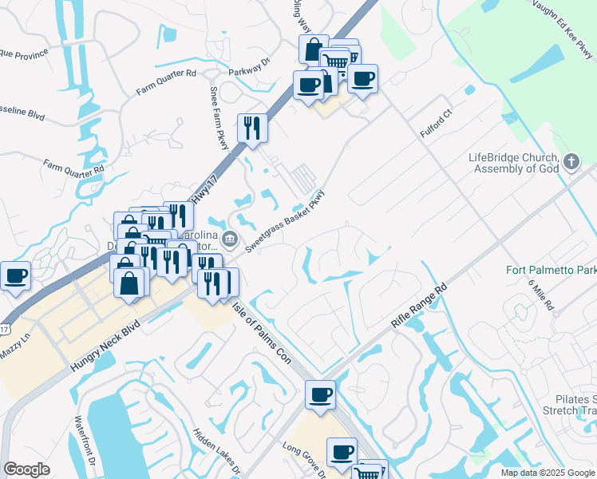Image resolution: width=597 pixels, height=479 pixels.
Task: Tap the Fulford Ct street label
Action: [x=437, y=124]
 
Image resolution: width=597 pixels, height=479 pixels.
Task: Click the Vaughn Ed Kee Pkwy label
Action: [x=564, y=28]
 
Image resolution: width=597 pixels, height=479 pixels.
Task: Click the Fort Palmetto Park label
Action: [x=551, y=270]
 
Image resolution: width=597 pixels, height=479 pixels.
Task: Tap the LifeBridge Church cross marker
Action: [x=571, y=163]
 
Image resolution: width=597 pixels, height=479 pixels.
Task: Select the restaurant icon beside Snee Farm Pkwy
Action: [x=252, y=127]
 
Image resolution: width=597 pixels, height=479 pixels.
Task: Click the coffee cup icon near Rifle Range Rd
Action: [x=320, y=394]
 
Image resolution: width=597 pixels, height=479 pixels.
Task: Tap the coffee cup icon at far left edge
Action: [x=15, y=275]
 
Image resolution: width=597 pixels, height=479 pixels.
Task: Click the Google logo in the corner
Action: [x=26, y=469]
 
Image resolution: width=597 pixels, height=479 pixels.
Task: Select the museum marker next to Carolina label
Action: [x=230, y=238]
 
